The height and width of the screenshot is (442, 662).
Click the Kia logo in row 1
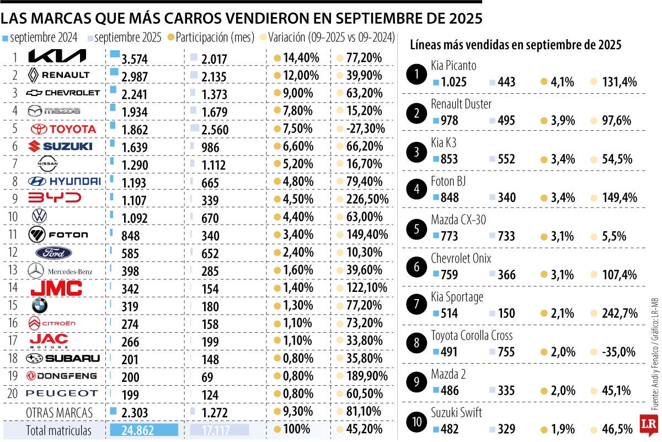coord(57,56)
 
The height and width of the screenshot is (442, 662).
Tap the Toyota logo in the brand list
coord(63,129)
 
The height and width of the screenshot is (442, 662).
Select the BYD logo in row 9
coord(54,198)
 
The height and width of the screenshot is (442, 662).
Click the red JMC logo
coord(56,287)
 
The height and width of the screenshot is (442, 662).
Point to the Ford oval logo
coord(54,253)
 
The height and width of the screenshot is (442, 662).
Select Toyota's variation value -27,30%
coord(365,129)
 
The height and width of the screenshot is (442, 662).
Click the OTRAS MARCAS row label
coord(59,412)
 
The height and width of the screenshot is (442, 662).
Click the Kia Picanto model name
coord(453,66)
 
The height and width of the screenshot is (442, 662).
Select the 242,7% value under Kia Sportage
coord(619,313)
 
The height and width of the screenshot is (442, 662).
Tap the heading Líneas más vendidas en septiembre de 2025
coord(516,45)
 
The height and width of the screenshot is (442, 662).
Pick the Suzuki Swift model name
coord(456,413)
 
